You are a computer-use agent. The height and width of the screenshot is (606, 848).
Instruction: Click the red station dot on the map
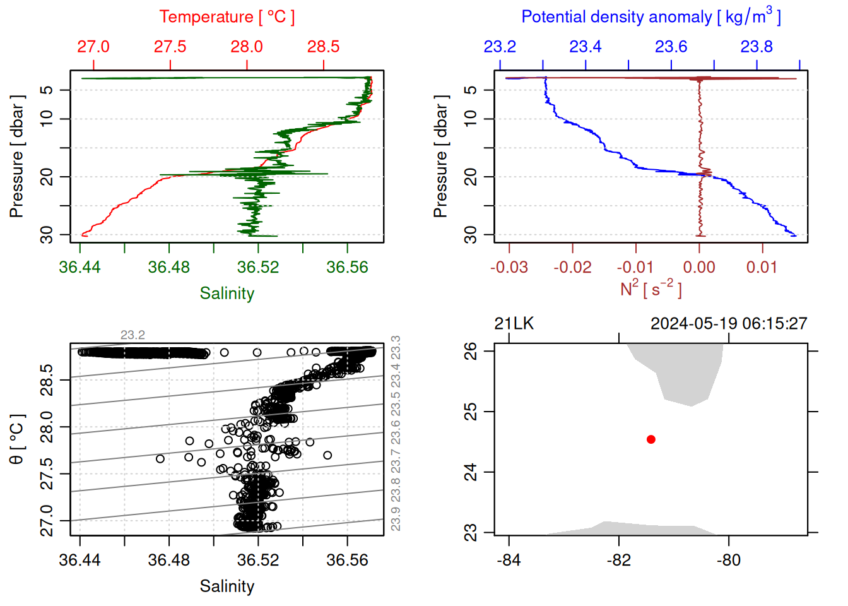click(x=651, y=439)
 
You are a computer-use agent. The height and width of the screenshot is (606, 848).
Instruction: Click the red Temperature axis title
click(x=227, y=17)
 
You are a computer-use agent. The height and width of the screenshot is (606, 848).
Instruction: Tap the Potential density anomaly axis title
click(x=651, y=16)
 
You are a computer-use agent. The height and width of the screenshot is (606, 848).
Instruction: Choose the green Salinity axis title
click(x=227, y=294)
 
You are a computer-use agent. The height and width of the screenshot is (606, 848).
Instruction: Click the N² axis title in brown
click(x=651, y=288)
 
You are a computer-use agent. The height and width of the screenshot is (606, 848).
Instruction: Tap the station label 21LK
click(x=514, y=324)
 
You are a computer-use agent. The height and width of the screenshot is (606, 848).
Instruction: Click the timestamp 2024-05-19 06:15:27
click(x=729, y=324)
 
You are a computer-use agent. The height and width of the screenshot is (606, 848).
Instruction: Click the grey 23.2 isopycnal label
click(x=132, y=335)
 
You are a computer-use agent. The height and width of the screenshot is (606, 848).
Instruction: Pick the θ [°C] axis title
click(x=16, y=439)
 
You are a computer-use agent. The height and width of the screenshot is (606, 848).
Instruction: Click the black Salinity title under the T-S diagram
click(x=227, y=586)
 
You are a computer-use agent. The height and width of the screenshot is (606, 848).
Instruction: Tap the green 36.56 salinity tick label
click(x=347, y=267)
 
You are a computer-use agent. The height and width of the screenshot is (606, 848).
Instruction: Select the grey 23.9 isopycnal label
click(x=396, y=520)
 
